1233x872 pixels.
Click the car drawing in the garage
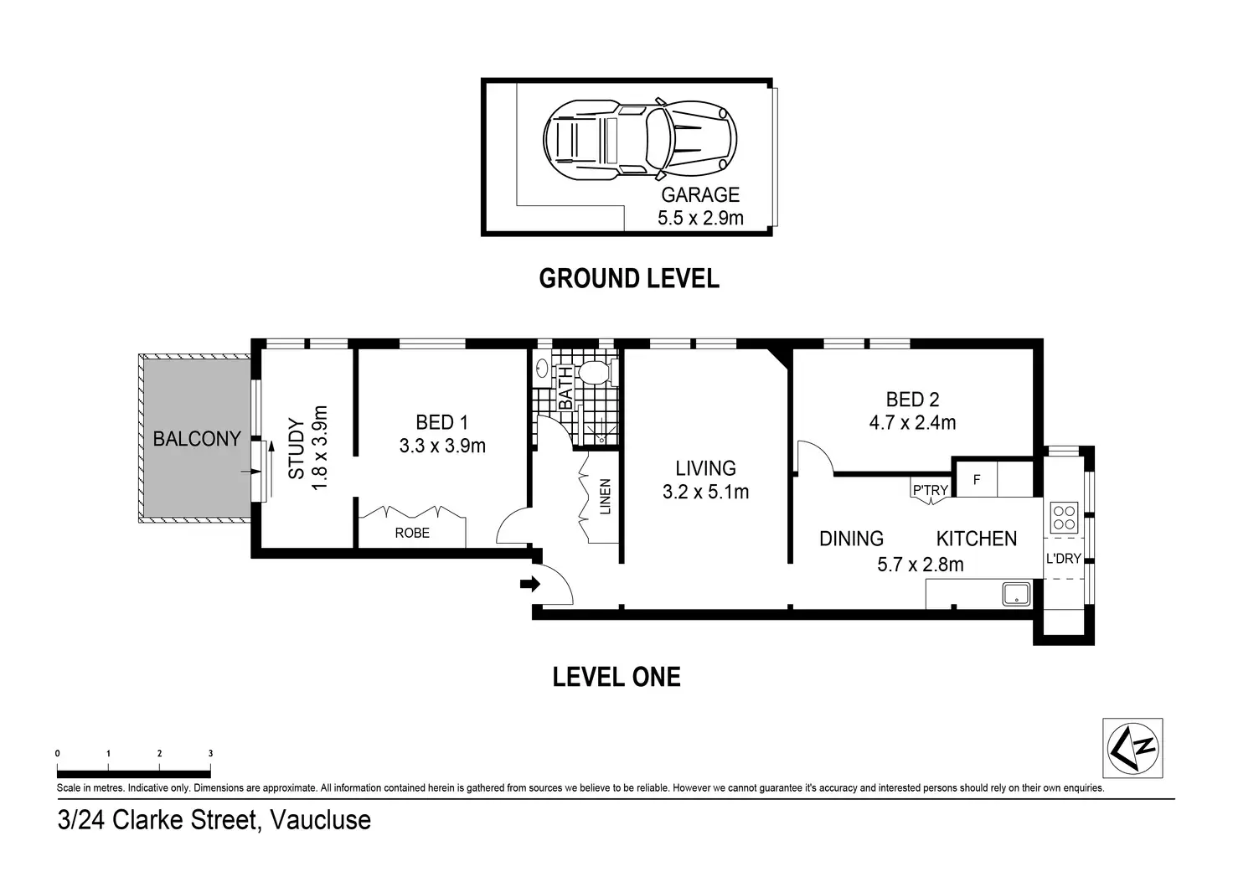click(640, 139)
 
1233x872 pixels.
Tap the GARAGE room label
click(700, 195)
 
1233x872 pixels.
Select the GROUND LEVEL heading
click(629, 279)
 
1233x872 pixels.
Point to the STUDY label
click(297, 449)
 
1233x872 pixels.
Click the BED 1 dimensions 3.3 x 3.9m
click(442, 446)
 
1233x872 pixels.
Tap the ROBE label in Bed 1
click(412, 533)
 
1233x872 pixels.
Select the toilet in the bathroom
click(595, 373)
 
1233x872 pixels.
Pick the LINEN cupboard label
click(606, 497)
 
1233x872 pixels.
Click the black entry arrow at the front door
click(530, 584)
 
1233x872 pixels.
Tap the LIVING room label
click(705, 468)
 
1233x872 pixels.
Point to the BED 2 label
click(913, 399)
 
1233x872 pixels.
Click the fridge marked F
click(977, 479)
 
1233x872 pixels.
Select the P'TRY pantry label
click(931, 490)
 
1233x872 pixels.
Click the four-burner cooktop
click(1064, 518)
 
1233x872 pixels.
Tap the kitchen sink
click(1016, 594)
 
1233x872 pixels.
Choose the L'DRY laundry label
click(1064, 558)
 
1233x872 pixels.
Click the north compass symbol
click(1132, 747)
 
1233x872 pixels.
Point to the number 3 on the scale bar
click(210, 753)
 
